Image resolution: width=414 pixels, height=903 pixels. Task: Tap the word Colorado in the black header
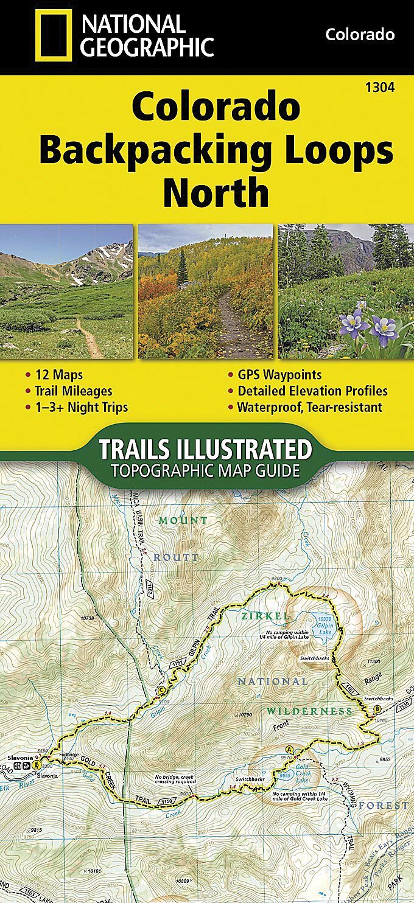(x=360, y=34)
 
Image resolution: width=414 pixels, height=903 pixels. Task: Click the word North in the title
(x=216, y=192)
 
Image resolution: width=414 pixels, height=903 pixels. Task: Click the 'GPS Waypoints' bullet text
(x=279, y=375)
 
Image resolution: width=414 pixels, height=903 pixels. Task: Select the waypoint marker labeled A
(x=289, y=749)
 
